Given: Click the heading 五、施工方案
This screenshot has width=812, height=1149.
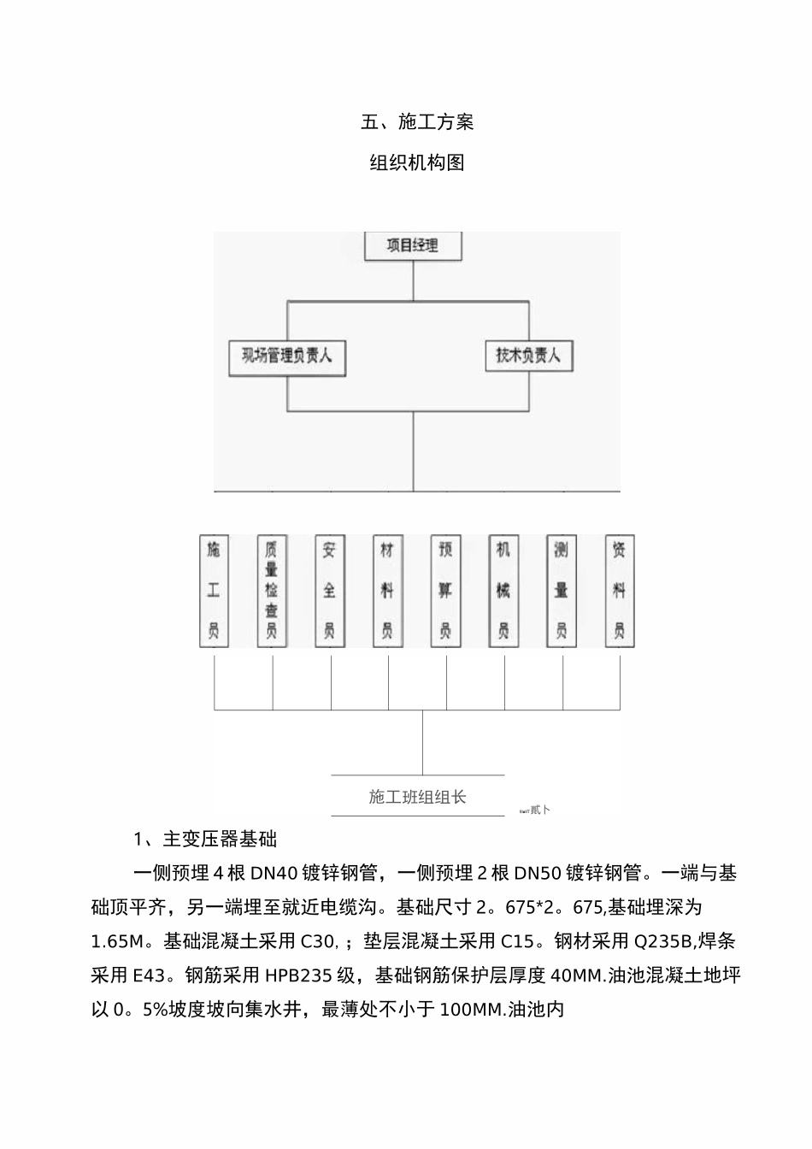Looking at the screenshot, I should pos(417,122).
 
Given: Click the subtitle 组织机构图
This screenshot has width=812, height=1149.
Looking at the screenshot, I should pos(417,162).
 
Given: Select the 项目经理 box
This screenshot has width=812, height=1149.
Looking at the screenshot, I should pos(413,246).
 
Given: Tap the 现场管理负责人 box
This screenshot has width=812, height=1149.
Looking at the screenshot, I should pos(287,356).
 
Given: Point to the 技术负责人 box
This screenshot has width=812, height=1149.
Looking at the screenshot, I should pos(528,356).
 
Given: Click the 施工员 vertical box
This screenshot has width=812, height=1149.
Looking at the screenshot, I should pos(214,591).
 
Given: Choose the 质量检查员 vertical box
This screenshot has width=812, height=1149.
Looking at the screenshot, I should pos(272,591).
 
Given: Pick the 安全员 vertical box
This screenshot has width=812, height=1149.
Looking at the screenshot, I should pos(330,591).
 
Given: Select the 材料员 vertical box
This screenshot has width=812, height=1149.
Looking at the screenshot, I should pos(388,591).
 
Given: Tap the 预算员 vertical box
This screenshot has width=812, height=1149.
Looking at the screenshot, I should pos(445,591).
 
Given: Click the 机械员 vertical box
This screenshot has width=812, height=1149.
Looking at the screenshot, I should pos(503,591).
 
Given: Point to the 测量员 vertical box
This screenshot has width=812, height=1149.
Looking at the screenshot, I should pos(562,591).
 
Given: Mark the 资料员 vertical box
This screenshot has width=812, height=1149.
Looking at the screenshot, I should pos(620,591).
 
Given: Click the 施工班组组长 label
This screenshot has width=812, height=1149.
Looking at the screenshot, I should pos(418,798).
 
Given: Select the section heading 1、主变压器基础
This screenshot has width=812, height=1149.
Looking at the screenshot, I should pos(205,839).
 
